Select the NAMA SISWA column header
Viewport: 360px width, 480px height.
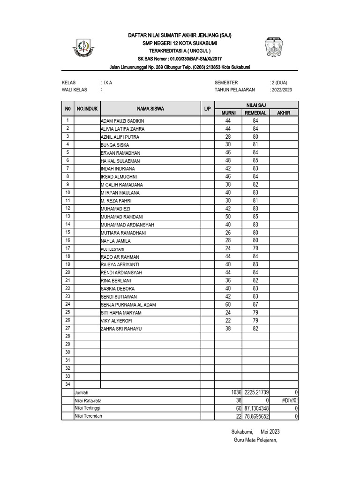coord(150,109)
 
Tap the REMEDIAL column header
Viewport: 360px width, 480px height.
coord(255,113)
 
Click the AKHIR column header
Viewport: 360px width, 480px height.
coord(284,113)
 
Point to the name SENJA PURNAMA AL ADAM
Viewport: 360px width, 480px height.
coord(128,305)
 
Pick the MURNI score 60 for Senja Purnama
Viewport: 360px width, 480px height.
coord(229,305)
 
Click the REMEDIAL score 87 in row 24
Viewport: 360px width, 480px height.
coord(255,305)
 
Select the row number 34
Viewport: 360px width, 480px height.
coord(67,384)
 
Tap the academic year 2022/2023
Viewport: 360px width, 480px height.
coord(281,90)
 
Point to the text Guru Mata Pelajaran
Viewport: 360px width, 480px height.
coord(255,440)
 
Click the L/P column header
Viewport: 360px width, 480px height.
coord(208,109)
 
